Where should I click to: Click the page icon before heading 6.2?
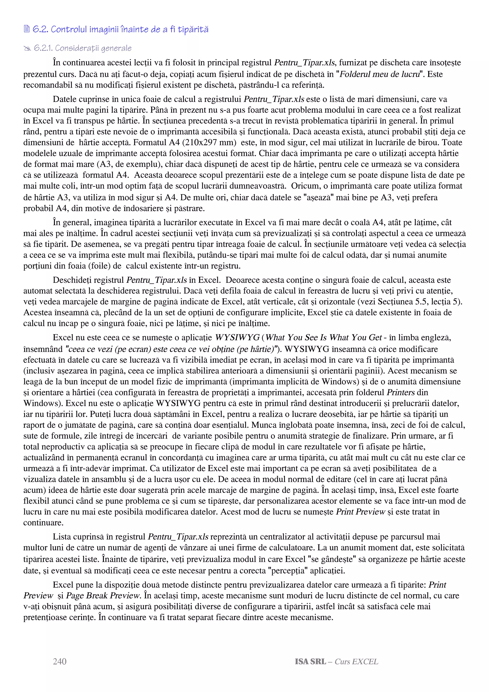[x=27, y=29]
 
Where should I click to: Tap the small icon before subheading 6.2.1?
[x=27, y=48]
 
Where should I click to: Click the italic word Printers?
[x=401, y=392]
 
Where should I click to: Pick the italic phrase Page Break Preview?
[x=103, y=596]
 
